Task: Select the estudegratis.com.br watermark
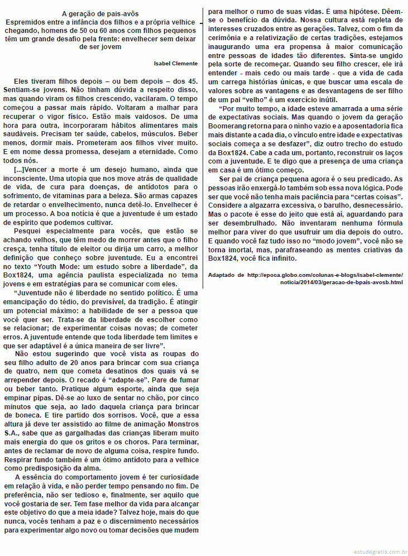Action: [380, 550]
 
